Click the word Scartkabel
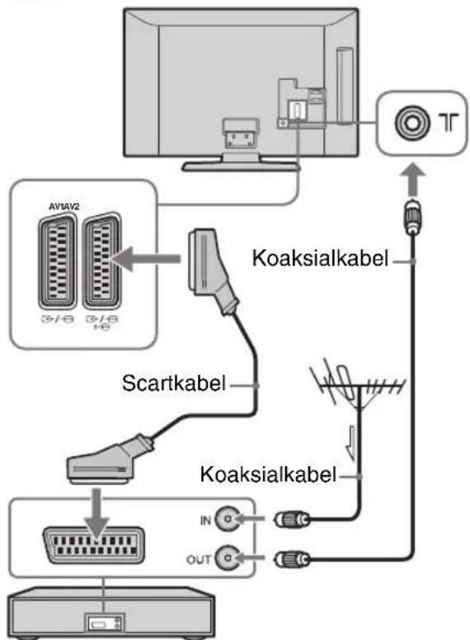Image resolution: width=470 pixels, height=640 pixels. pos(174,384)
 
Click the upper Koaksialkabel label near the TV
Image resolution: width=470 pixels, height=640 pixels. pos(320,258)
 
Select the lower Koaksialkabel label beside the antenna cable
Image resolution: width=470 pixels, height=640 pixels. pos(268,474)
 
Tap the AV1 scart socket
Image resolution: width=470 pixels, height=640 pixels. pos(57,261)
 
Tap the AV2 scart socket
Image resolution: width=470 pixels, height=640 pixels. pos(101,261)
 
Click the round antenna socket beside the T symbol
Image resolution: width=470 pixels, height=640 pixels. pos(412,122)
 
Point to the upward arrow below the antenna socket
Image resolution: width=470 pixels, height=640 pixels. pos(413,179)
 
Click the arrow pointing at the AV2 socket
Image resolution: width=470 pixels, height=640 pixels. pos(145,259)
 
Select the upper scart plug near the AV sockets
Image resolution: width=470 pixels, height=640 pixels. pos(212,271)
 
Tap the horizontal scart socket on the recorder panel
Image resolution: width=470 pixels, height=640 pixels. pos(93,545)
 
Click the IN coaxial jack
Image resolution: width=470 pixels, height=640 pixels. pos(227,519)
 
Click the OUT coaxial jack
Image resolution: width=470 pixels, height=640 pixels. pos(227,558)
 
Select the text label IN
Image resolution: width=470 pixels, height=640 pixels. pos(205,520)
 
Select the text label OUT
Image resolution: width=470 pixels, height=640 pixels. pos(199,559)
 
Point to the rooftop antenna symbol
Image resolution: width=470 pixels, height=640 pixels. pos(355,386)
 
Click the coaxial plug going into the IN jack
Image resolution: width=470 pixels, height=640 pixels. pos(292,520)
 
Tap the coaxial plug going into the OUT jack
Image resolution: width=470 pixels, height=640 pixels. pos(292,558)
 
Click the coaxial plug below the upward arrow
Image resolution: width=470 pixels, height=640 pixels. pos(413,217)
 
